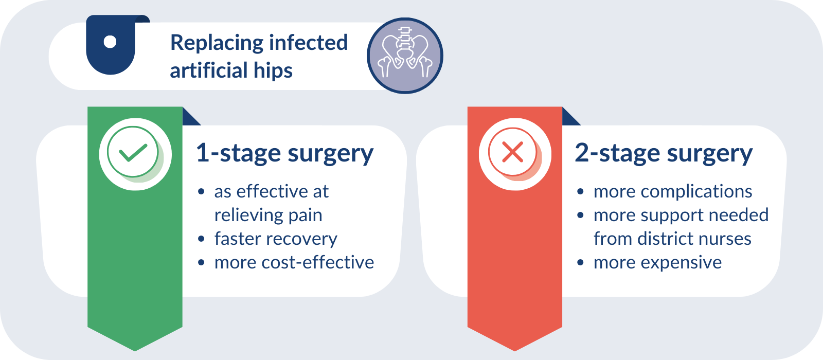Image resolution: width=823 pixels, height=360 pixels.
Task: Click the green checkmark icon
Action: (x=133, y=152)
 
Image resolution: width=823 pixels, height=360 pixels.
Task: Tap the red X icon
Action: (x=512, y=152)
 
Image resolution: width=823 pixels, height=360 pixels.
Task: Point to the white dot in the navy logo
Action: (x=110, y=42)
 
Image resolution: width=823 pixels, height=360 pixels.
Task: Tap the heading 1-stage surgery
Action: (x=285, y=154)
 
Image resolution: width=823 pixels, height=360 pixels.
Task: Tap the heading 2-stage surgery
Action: (x=664, y=154)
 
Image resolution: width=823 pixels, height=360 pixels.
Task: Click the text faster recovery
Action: (x=276, y=239)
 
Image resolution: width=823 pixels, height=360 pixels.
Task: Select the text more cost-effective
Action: (x=294, y=262)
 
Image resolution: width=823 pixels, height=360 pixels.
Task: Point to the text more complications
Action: (x=673, y=192)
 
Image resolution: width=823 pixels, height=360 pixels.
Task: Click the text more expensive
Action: (x=658, y=263)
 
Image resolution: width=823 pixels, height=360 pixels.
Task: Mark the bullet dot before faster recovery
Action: (x=201, y=239)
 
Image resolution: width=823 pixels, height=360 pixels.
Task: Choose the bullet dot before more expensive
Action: (x=581, y=263)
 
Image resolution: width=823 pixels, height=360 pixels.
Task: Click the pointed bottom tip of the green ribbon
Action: (x=135, y=351)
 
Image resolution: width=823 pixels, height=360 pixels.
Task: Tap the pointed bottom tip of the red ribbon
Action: (x=515, y=351)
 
